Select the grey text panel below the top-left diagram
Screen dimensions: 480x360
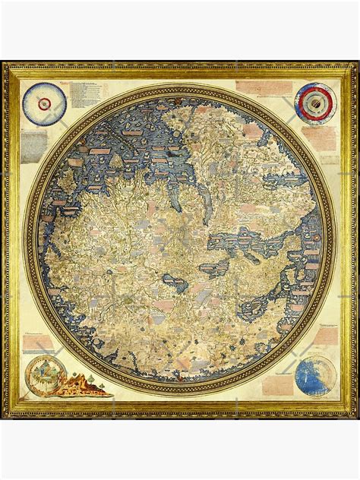click(x=34, y=145)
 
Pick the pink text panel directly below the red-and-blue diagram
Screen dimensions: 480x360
click(x=319, y=137)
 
